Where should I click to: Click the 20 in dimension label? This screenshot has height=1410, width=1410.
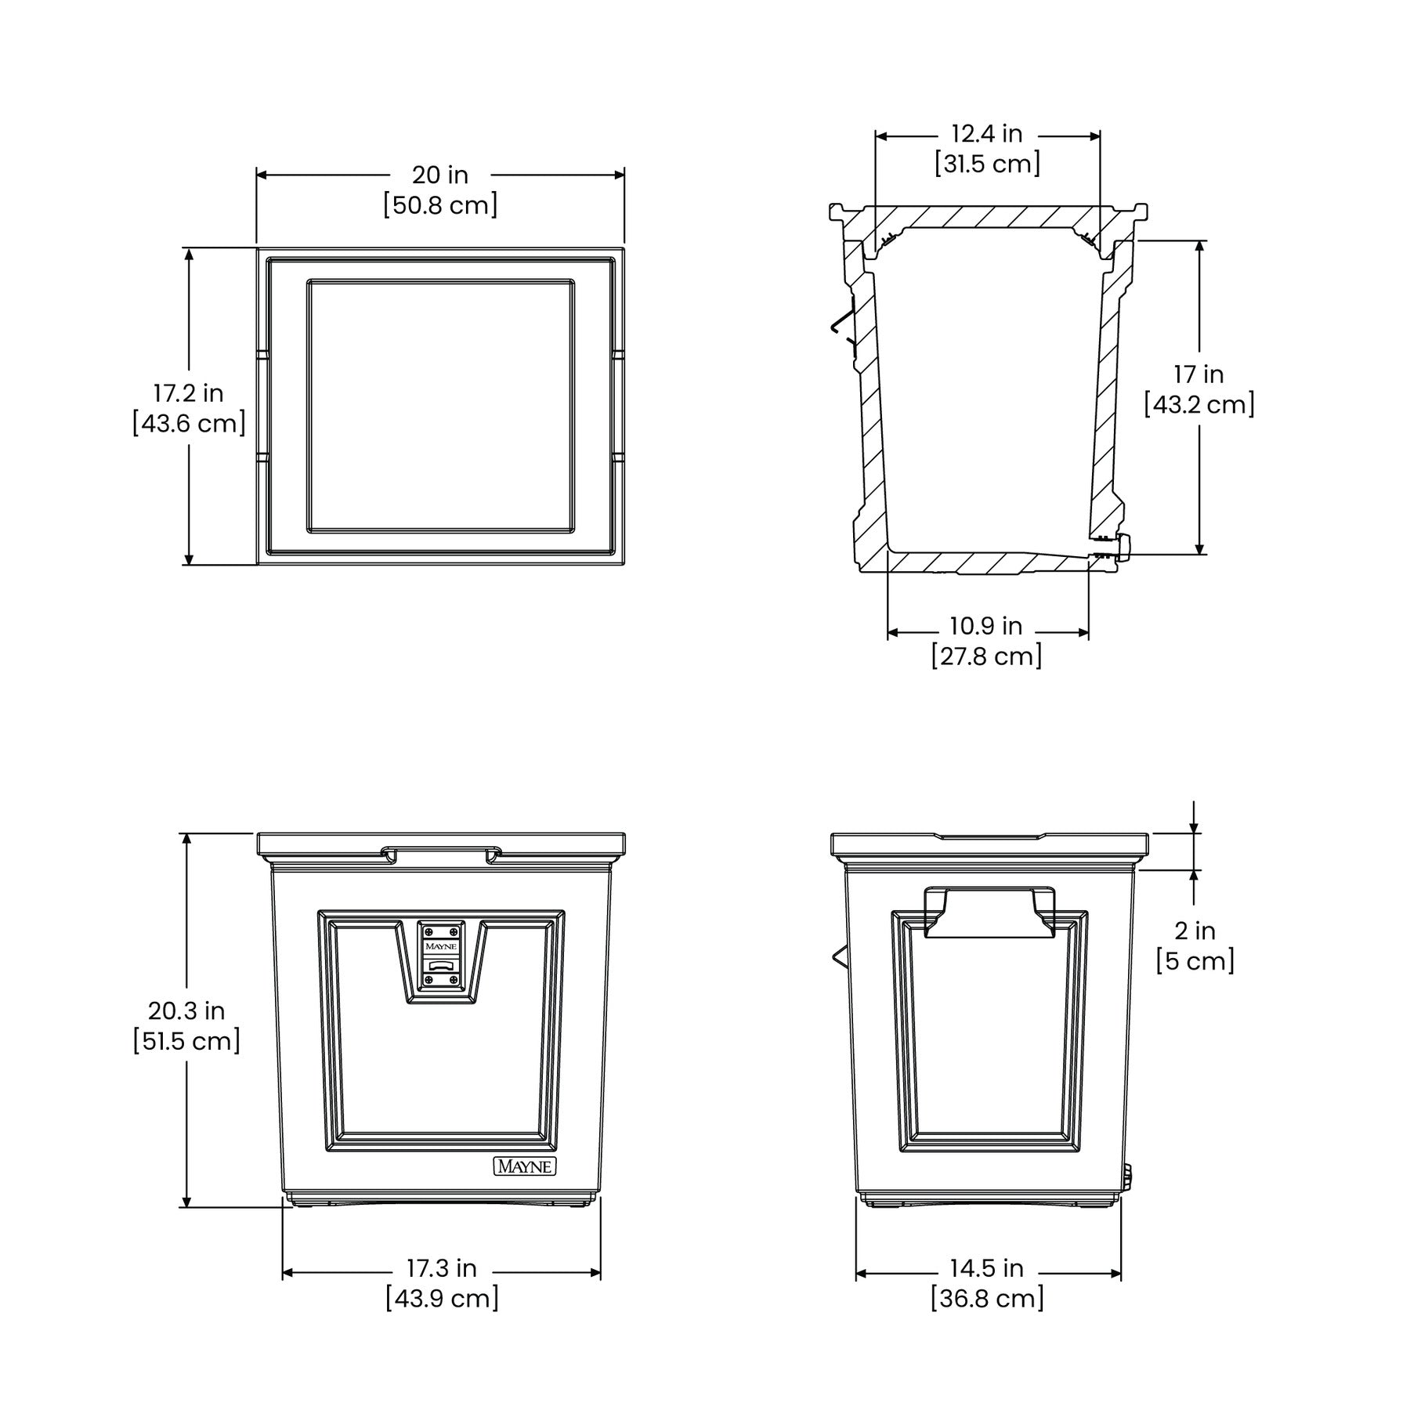pos(440,175)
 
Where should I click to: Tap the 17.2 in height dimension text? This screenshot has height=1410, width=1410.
pos(188,392)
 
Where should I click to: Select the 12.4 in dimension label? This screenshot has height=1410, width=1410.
pos(987,134)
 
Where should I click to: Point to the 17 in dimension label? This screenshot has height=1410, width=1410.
pos(1198,374)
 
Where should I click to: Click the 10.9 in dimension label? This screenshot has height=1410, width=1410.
pos(986,626)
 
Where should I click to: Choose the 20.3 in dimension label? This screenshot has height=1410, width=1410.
pos(186,1010)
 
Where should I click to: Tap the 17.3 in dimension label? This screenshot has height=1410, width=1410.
pos(441,1267)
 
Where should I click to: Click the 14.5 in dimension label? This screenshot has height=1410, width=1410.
pos(987,1267)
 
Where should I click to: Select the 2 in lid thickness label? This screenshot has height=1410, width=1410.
pos(1195,931)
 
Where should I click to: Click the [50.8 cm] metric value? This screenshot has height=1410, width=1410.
pos(440,205)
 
